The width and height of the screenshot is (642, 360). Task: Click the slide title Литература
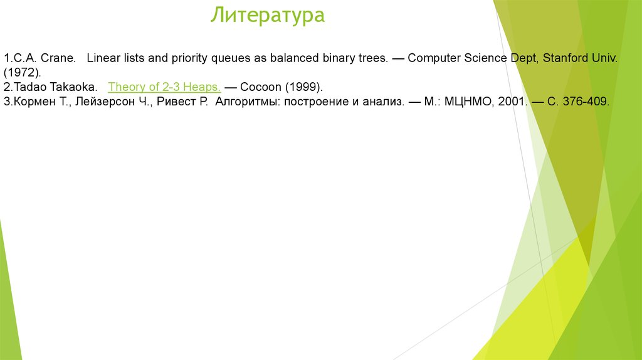click(268, 15)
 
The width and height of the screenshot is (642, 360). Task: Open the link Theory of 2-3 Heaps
click(164, 87)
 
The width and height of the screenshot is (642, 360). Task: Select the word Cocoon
click(260, 87)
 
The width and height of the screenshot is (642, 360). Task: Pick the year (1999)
click(302, 87)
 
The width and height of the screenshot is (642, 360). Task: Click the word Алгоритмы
click(246, 101)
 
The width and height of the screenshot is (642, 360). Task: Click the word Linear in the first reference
click(102, 58)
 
